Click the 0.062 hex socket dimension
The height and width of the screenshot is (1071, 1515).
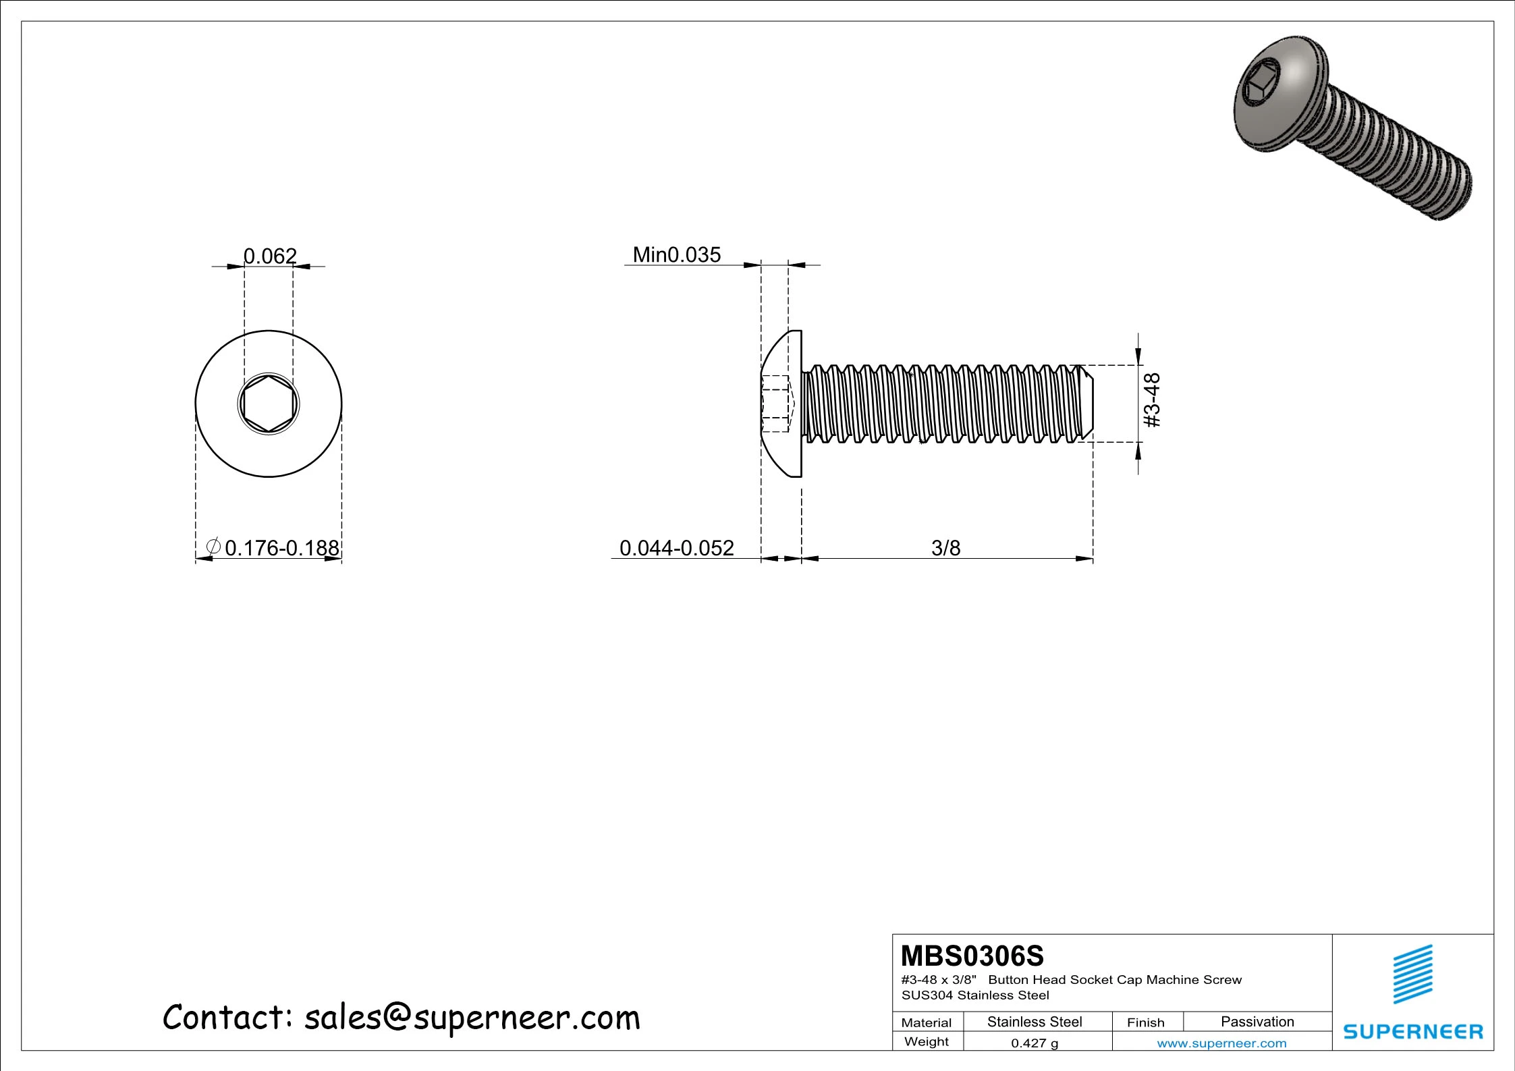(270, 256)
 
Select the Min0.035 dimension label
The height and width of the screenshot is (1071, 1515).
(676, 254)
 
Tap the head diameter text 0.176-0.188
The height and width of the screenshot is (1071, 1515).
(281, 547)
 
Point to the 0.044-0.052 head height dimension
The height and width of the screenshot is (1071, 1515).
(676, 547)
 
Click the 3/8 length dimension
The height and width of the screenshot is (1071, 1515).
(945, 547)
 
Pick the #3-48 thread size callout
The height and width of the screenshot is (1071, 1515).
(1153, 400)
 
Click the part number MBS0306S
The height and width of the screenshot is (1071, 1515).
(972, 956)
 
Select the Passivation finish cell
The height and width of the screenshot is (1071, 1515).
(1257, 1021)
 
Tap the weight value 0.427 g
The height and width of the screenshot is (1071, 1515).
(1035, 1043)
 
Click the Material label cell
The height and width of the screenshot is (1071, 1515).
(927, 1022)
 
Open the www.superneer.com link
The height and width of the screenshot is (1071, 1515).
(1221, 1043)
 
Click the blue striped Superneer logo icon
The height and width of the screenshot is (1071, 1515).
(1413, 974)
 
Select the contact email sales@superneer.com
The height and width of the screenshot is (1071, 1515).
(472, 1017)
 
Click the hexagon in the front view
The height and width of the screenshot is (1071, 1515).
(269, 404)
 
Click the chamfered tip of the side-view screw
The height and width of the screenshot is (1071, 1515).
(1087, 404)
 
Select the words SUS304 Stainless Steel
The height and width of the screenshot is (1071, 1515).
(975, 995)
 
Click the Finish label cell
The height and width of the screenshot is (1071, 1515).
(1145, 1022)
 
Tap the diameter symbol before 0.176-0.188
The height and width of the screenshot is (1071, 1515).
(213, 547)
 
